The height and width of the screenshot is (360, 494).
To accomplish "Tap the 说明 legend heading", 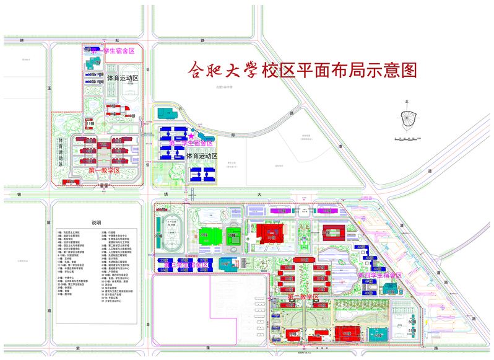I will click(x=96, y=222).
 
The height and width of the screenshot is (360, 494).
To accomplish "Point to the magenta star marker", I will click(x=192, y=136).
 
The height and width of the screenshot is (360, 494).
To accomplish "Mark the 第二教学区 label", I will click(x=303, y=297).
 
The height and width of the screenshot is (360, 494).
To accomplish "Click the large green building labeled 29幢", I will click(x=206, y=238).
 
